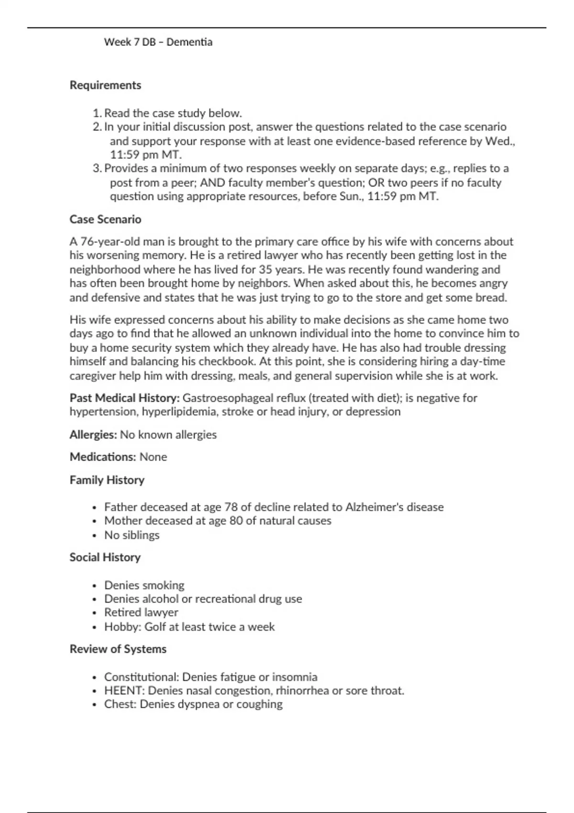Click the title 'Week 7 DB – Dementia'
pos(158,42)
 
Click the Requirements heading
pos(105,85)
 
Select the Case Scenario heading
pos(105,220)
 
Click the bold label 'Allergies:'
pos(93,435)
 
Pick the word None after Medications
pos(153,457)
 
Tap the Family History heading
pos(107,480)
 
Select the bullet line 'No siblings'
pos(132,535)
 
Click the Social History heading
pos(105,558)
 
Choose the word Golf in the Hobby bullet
pos(155,627)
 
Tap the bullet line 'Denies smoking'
pos(144,585)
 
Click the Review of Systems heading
pos(118,649)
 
